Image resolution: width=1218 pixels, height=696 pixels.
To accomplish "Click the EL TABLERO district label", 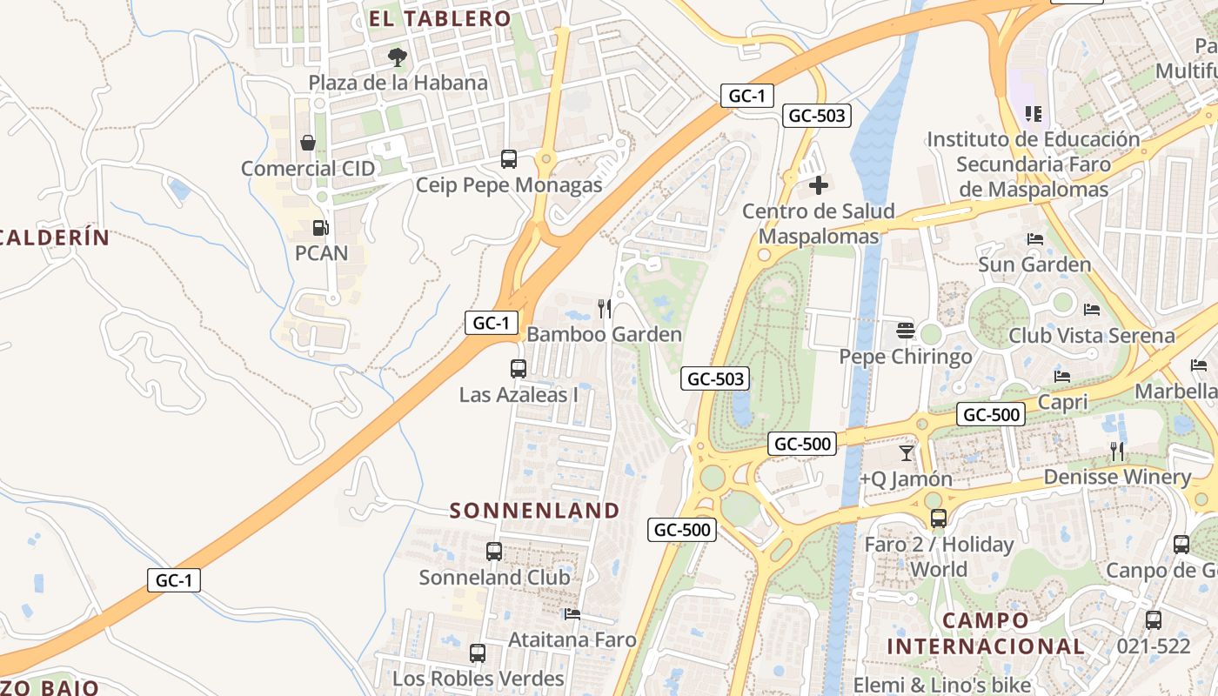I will [x=439, y=18].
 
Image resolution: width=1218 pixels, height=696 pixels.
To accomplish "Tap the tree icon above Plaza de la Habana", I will [x=397, y=57].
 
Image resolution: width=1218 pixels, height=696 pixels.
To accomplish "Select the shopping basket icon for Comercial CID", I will [x=307, y=143].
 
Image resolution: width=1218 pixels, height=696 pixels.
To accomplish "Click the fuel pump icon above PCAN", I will [x=321, y=228].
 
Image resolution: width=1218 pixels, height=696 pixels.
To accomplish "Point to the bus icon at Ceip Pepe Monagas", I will [x=509, y=159].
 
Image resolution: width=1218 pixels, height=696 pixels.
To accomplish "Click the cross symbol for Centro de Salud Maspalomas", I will [x=818, y=185].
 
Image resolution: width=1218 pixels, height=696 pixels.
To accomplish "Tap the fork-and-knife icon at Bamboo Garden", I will [x=605, y=308].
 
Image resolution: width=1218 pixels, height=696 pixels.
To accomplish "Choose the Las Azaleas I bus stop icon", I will [x=519, y=368].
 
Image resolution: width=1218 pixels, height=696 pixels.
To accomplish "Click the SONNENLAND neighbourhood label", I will [x=534, y=511].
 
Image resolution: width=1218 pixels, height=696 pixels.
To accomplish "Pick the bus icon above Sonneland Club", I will [x=494, y=551].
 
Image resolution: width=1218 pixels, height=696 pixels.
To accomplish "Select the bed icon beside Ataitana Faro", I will [x=572, y=614].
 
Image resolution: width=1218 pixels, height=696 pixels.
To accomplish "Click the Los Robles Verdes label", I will [x=478, y=678].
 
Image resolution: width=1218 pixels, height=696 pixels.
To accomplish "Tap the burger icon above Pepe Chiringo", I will [x=906, y=331].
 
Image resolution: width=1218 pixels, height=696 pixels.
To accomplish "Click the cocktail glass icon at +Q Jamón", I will [x=907, y=452].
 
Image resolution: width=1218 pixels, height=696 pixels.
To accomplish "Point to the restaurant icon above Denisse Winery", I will [x=1117, y=451].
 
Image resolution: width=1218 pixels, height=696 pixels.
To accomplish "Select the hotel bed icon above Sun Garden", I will [x=1034, y=239].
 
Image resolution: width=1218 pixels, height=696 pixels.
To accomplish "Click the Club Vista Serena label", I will [x=1091, y=335].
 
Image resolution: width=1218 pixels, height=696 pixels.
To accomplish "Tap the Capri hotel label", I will [x=1063, y=402].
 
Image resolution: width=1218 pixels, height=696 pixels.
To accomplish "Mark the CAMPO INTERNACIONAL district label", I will [x=986, y=633].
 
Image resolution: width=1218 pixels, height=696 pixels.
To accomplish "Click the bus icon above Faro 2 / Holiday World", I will [x=938, y=519].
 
